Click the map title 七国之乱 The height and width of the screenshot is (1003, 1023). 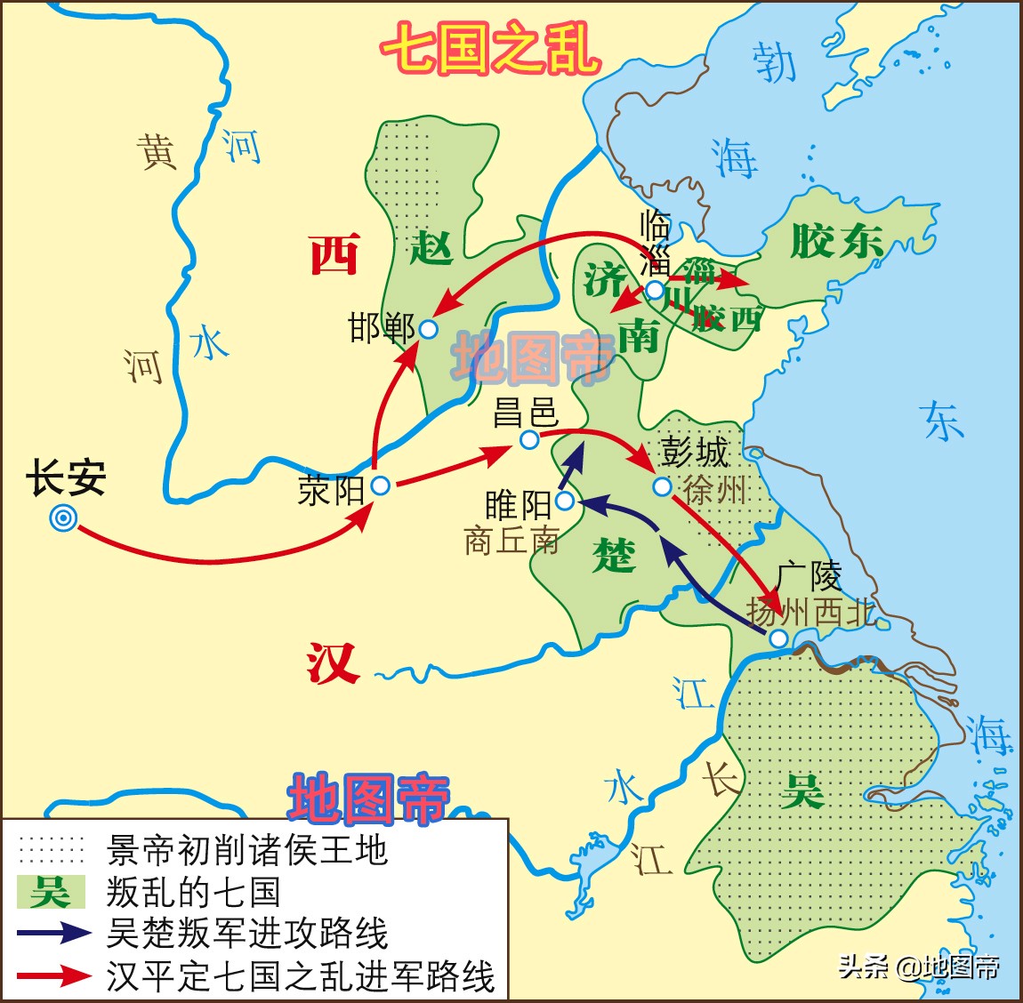tap(490, 46)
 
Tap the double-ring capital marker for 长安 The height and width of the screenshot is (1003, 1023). tap(63, 518)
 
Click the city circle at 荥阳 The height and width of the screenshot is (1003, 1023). tap(381, 485)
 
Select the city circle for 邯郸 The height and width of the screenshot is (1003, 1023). tap(428, 329)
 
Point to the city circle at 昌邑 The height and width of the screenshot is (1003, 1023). tap(529, 439)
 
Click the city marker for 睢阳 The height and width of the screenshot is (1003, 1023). tap(565, 501)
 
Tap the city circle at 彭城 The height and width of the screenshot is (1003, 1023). tap(662, 486)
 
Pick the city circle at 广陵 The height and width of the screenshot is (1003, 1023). tap(778, 638)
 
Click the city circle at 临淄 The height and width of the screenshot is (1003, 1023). tap(655, 290)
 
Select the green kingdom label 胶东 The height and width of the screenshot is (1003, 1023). tap(836, 241)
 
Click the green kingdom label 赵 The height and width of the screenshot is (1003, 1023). tap(431, 248)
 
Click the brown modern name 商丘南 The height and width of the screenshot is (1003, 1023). tap(511, 541)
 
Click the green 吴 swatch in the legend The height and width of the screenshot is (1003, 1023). tap(51, 892)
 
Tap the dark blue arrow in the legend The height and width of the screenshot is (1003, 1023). tap(53, 933)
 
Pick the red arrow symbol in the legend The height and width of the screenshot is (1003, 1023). tap(53, 975)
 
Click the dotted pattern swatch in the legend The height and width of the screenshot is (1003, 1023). tap(52, 850)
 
